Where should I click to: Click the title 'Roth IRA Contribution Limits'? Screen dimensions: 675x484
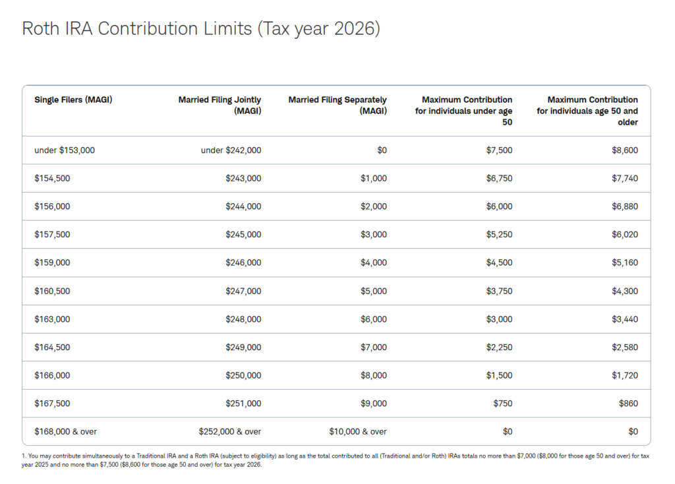[x=137, y=29]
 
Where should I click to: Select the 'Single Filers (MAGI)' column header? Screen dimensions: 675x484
[x=73, y=100]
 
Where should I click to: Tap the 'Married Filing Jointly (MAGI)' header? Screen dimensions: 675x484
[x=220, y=105]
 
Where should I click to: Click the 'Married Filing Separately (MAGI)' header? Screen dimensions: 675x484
[x=337, y=105]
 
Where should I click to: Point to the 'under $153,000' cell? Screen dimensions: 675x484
[x=65, y=150]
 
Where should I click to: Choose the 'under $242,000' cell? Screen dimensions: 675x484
[x=231, y=150]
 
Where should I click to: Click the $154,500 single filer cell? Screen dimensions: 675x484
[x=52, y=178]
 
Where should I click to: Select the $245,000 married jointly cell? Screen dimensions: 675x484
[x=243, y=235]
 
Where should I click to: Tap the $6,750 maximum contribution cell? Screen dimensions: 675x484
[x=500, y=178]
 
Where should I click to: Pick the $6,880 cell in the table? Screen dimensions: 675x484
[x=625, y=206]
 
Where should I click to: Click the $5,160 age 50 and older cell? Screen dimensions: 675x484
[x=625, y=262]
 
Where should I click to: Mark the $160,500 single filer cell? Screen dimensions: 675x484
[x=52, y=291]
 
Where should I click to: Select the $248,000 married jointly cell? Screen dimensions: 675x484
[x=243, y=319]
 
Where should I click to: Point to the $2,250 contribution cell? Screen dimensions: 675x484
[x=500, y=347]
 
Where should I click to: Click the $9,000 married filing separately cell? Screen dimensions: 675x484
[x=374, y=404]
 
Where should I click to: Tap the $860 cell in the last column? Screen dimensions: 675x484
[x=628, y=404]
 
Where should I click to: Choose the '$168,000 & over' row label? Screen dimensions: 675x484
[x=65, y=431]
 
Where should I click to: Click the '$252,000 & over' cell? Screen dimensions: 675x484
[x=230, y=431]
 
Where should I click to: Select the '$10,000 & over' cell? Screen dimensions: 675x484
[x=358, y=431]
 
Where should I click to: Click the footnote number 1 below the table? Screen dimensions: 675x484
[x=24, y=456]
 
